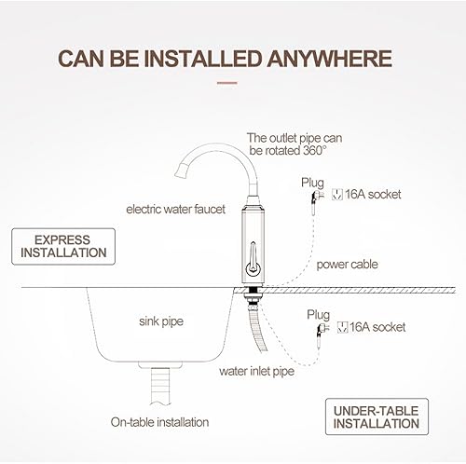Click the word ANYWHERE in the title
tap(329, 59)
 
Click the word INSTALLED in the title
tap(201, 59)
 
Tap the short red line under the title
tap(226, 83)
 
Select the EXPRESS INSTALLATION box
tap(63, 246)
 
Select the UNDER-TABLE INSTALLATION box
tap(377, 416)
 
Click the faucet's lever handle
tap(253, 258)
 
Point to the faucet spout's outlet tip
tap(181, 172)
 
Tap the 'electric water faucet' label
tap(175, 209)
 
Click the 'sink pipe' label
tap(161, 321)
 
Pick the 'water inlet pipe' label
tap(256, 372)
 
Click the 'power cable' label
tap(347, 265)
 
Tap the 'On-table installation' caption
tap(159, 422)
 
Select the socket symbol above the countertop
tap(337, 195)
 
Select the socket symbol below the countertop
tap(342, 327)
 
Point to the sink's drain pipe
tap(160, 386)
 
